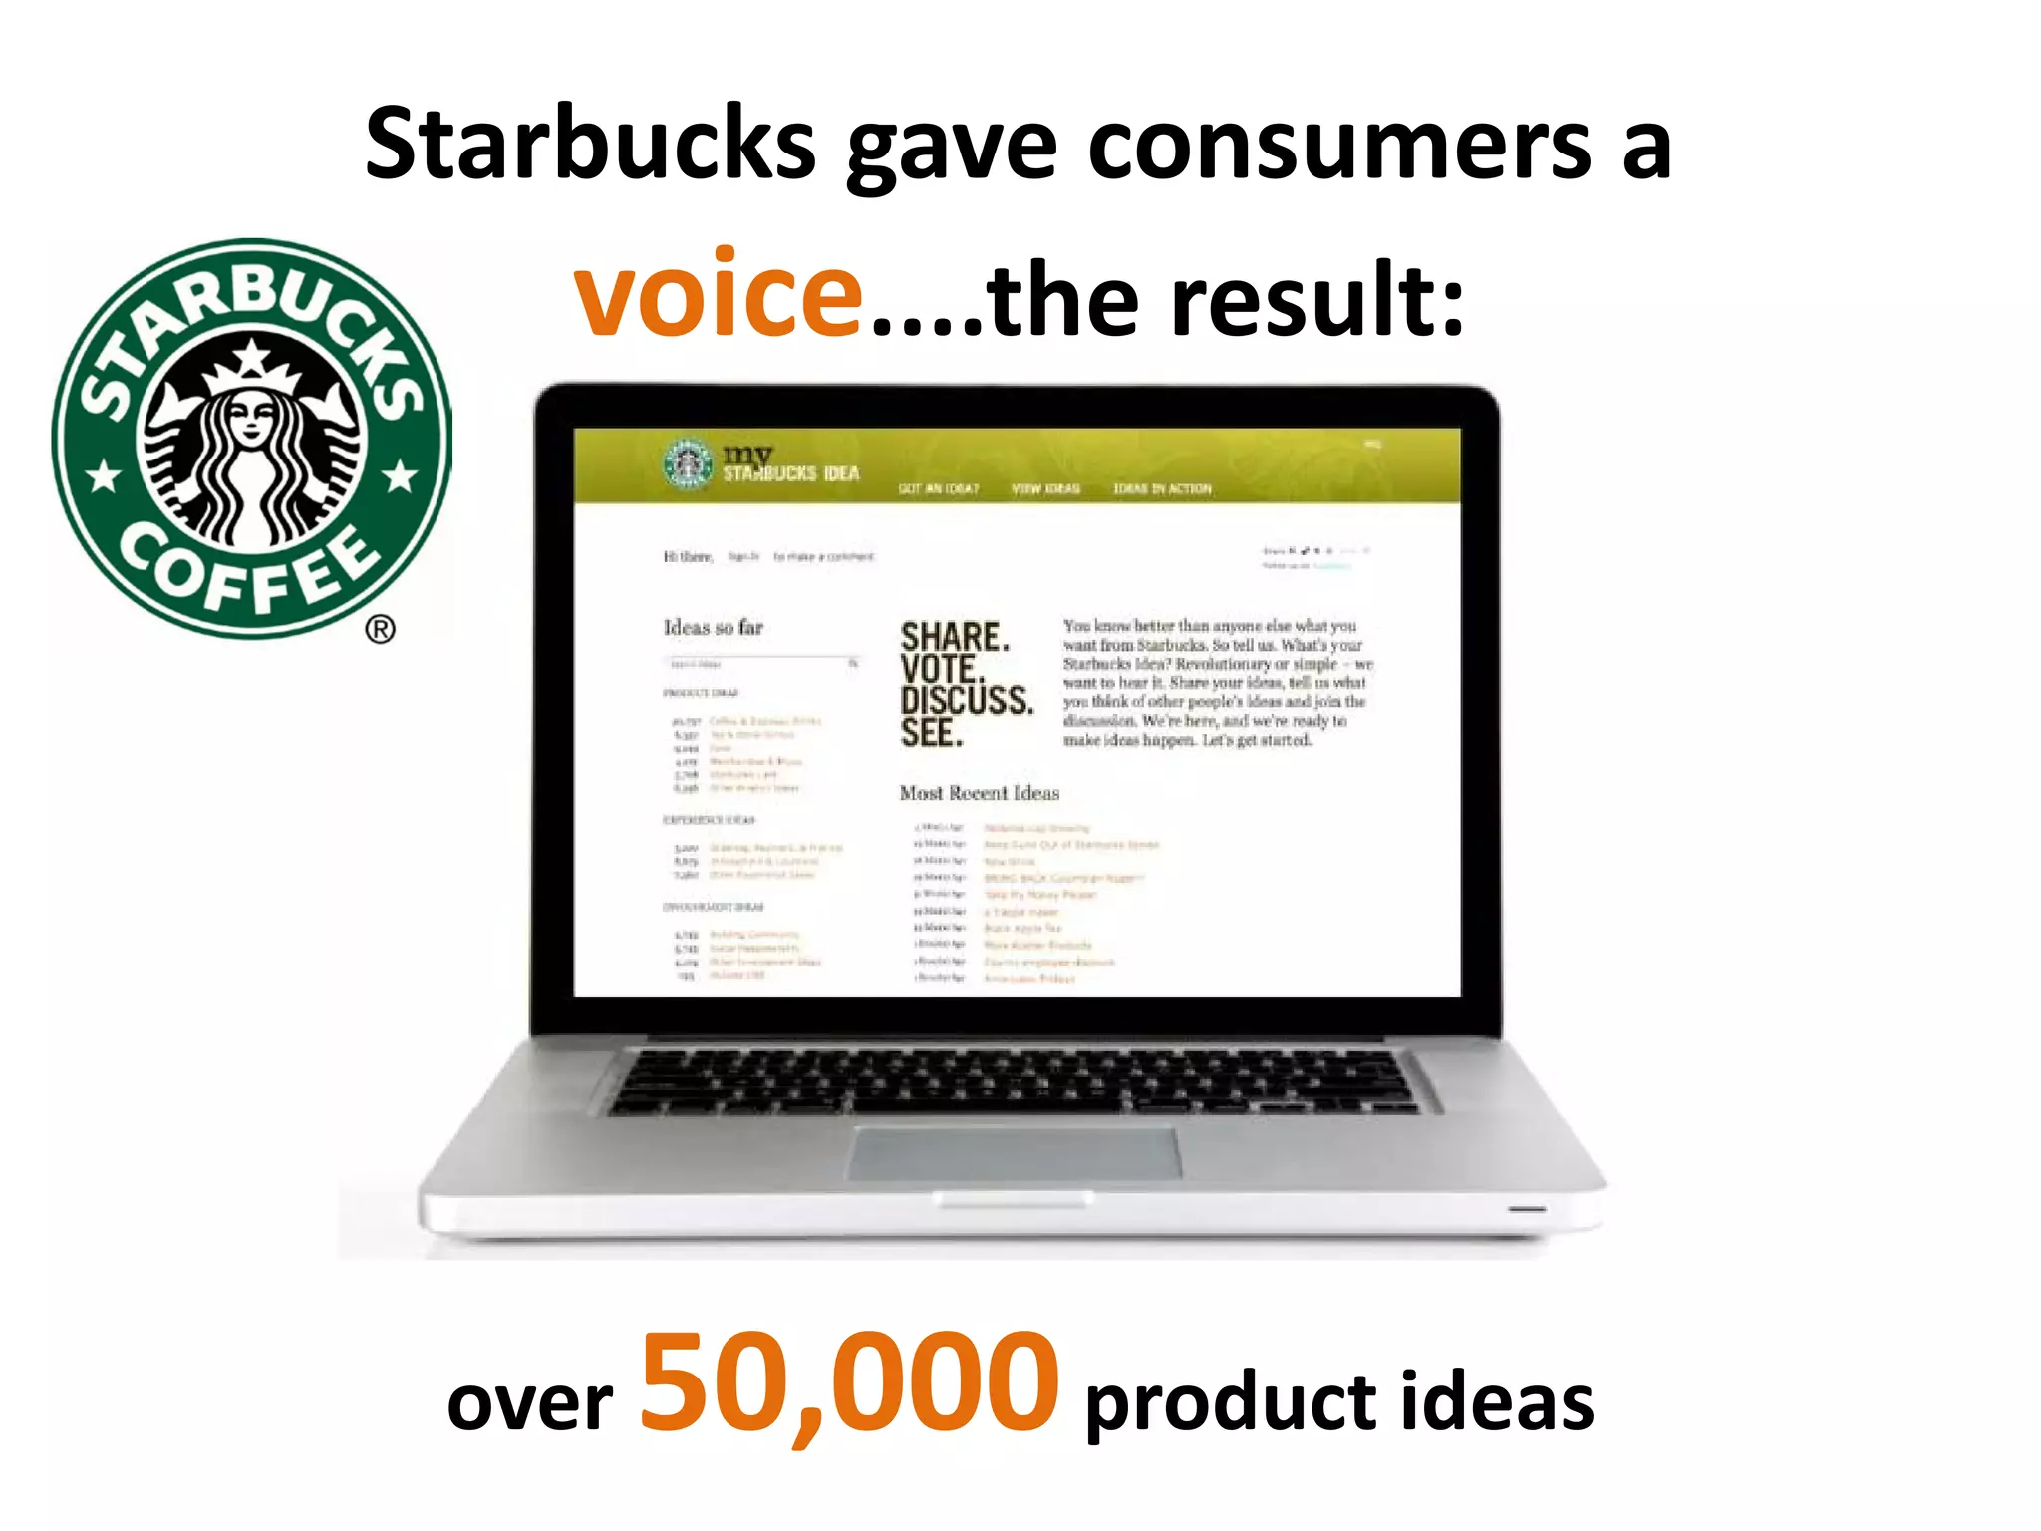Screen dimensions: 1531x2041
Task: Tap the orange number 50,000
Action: point(848,1384)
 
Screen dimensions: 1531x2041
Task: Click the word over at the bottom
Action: point(529,1402)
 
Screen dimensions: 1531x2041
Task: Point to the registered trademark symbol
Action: point(380,629)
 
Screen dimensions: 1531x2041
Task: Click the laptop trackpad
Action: point(1015,1153)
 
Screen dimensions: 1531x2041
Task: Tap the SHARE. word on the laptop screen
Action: point(954,637)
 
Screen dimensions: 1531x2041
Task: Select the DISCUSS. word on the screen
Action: point(966,700)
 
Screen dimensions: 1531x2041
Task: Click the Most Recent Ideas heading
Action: point(979,793)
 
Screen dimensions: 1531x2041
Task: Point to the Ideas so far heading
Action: point(713,627)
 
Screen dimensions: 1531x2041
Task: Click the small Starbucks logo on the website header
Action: point(688,464)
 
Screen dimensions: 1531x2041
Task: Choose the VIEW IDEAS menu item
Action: point(1045,488)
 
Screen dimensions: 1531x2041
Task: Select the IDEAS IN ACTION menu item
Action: point(1162,488)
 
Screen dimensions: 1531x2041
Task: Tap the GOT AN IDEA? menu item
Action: point(938,488)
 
